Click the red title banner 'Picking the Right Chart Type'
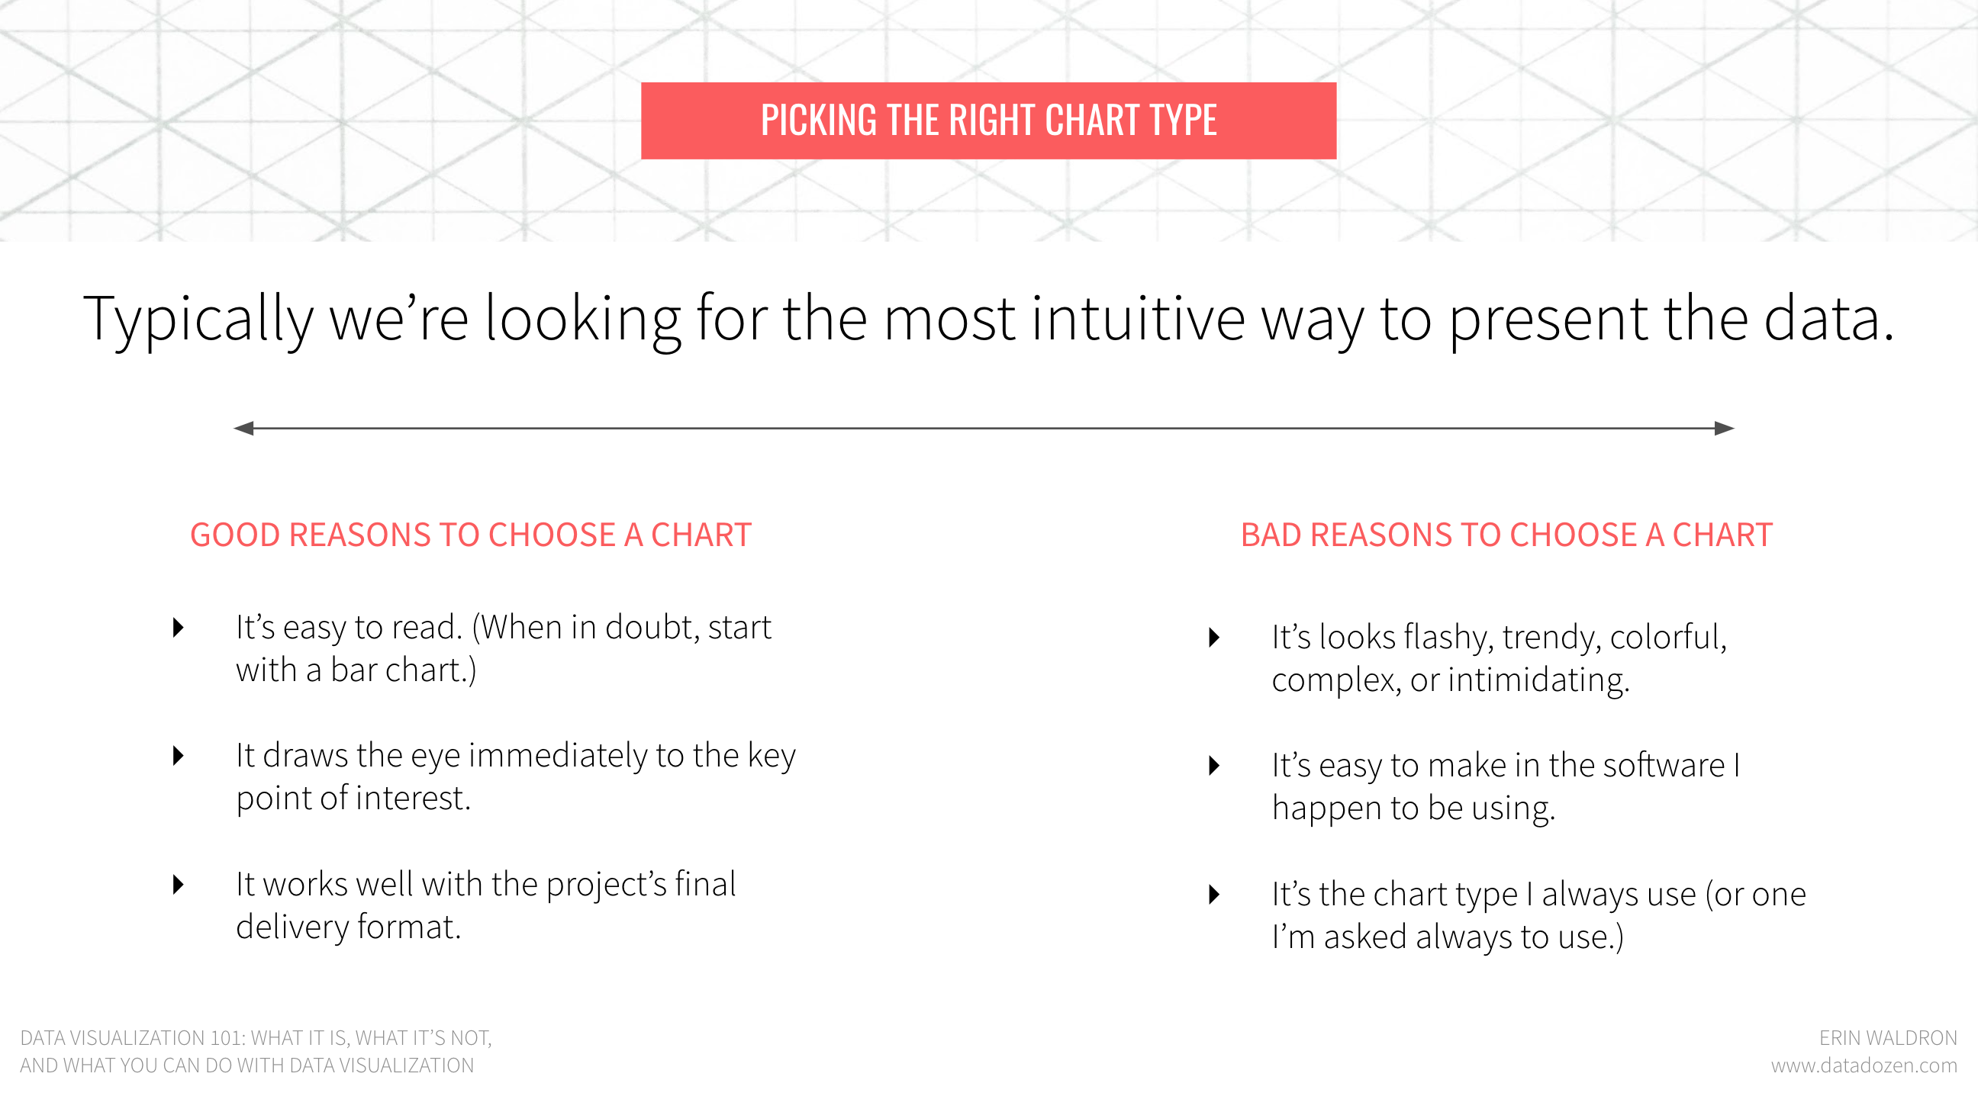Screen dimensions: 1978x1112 [988, 121]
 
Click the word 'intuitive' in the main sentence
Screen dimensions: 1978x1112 [1138, 318]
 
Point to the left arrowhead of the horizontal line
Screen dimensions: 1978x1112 [243, 428]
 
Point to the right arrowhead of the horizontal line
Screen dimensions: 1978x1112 [1725, 428]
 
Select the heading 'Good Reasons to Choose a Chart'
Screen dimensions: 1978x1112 [471, 535]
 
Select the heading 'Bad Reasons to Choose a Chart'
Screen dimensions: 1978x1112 [1506, 535]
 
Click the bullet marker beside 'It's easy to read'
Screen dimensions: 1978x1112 [178, 628]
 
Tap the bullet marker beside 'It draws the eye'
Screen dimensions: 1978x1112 [178, 756]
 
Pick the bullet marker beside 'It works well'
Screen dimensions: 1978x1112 [178, 885]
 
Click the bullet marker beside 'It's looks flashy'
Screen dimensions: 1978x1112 [1214, 638]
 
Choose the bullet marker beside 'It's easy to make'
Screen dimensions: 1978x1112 [1214, 766]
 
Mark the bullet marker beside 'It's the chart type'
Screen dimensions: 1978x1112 [1214, 895]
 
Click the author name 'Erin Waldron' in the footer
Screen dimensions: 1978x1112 [1888, 1038]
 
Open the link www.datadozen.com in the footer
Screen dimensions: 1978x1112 [1864, 1066]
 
